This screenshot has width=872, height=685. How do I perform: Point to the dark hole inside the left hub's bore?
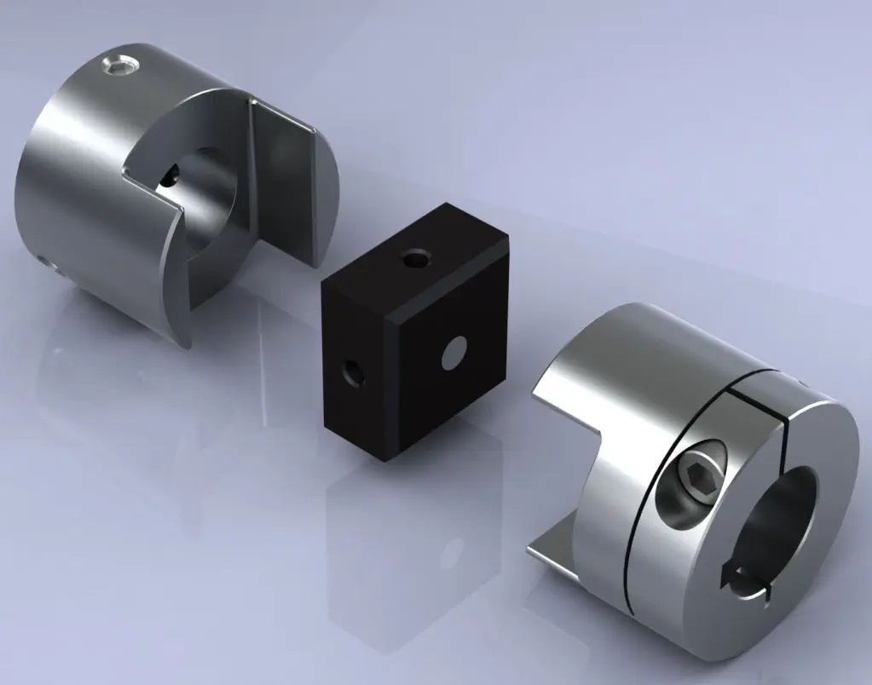click(170, 176)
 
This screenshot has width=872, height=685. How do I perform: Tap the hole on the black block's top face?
click(416, 256)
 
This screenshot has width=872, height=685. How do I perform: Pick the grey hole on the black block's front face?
click(455, 350)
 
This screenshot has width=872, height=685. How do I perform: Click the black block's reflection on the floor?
click(409, 545)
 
